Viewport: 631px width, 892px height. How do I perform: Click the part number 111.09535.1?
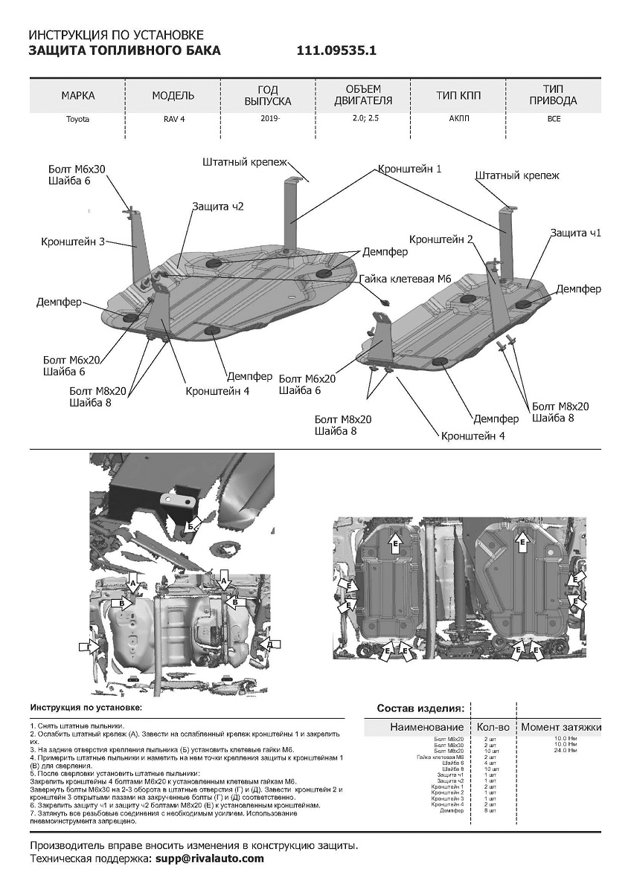point(337,51)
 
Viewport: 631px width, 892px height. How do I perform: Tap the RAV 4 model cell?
point(173,119)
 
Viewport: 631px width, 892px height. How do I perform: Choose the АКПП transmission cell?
point(458,119)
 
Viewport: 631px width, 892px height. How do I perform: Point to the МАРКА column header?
point(78,96)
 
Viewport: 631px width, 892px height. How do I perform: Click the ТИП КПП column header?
point(458,96)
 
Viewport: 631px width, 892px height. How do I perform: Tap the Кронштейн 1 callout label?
point(410,169)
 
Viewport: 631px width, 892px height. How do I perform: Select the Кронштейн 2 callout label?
point(441,239)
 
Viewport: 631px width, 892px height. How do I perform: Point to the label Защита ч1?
point(575,233)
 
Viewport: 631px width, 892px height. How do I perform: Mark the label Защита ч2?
point(217,207)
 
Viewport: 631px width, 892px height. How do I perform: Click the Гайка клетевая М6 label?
point(405,279)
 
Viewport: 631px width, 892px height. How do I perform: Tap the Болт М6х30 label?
point(77,169)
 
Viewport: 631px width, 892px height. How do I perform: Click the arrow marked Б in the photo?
point(191,526)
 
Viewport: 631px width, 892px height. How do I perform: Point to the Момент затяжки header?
point(560,727)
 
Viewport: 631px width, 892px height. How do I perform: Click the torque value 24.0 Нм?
point(565,750)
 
